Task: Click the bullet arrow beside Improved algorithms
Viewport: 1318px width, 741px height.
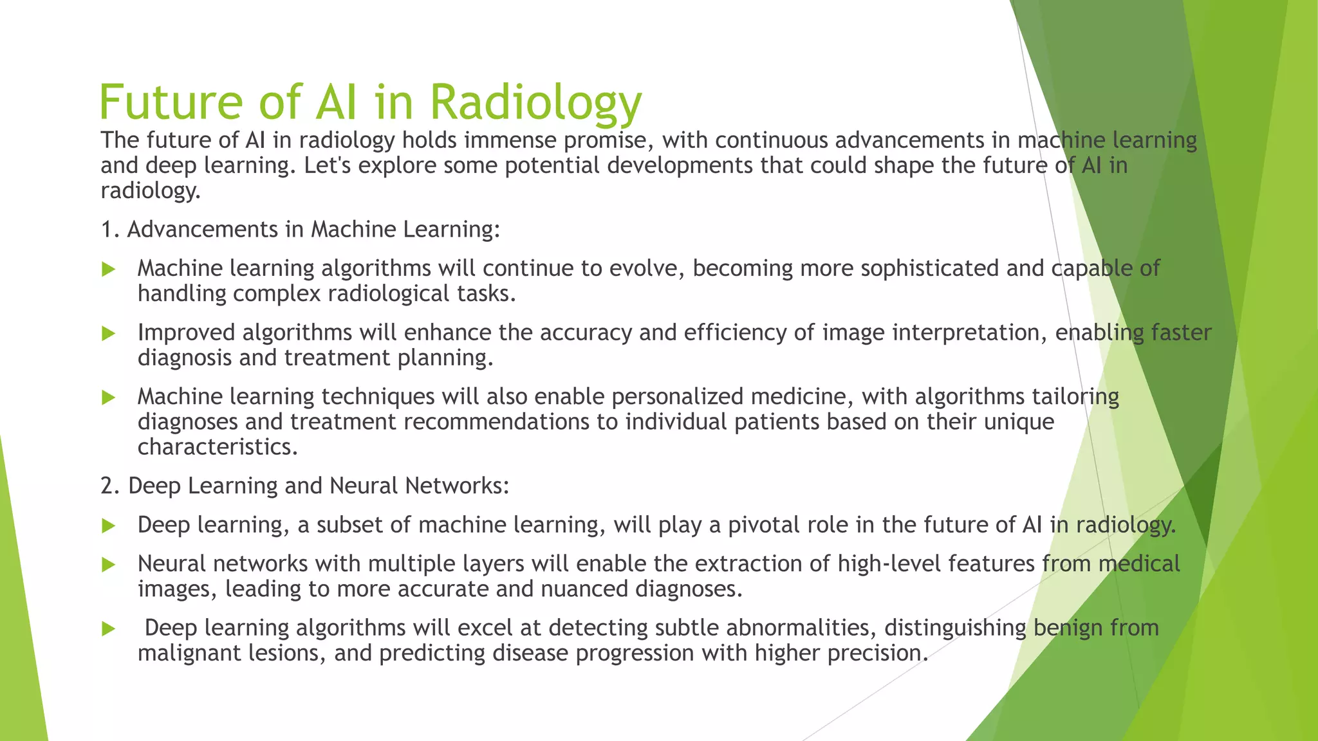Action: click(109, 333)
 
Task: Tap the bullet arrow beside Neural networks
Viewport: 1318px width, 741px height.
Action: click(109, 565)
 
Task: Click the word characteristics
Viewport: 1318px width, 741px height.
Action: click(217, 447)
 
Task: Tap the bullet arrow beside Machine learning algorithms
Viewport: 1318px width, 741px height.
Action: click(109, 269)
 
